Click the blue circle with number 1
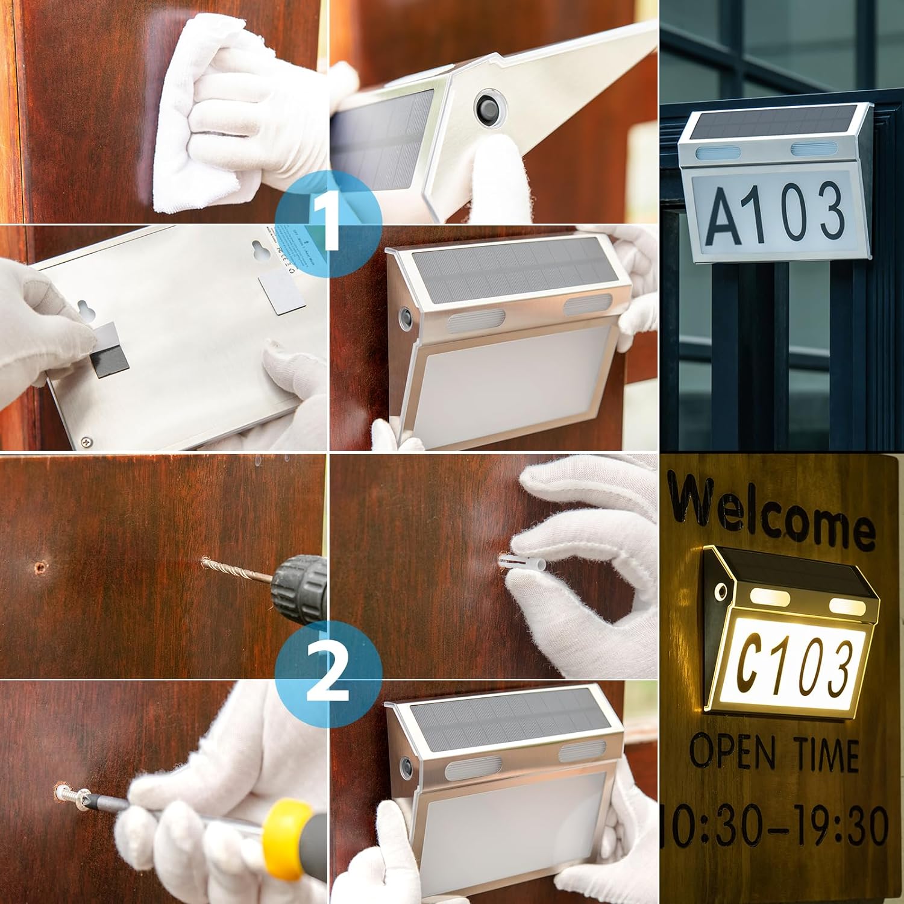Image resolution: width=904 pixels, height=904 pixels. pos(328,224)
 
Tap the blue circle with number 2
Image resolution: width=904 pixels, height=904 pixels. pos(328,679)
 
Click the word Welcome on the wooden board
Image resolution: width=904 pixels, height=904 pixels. pos(771,512)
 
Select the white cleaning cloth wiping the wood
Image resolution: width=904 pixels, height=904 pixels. pos(199,115)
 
